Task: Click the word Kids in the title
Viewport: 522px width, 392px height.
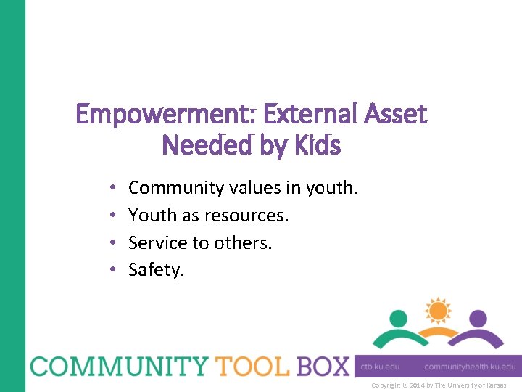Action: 316,146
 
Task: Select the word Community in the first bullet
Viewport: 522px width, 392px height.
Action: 177,189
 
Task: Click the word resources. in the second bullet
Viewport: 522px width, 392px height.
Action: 246,216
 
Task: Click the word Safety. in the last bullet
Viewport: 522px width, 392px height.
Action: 157,270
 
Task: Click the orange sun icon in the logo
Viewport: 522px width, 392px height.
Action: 438,311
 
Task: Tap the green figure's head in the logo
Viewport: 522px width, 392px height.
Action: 399,318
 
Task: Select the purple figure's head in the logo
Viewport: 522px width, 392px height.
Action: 477,318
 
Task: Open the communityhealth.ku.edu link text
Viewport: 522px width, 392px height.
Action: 470,367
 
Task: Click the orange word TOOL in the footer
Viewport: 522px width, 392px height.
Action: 251,366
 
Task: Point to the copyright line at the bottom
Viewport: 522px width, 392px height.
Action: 439,385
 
